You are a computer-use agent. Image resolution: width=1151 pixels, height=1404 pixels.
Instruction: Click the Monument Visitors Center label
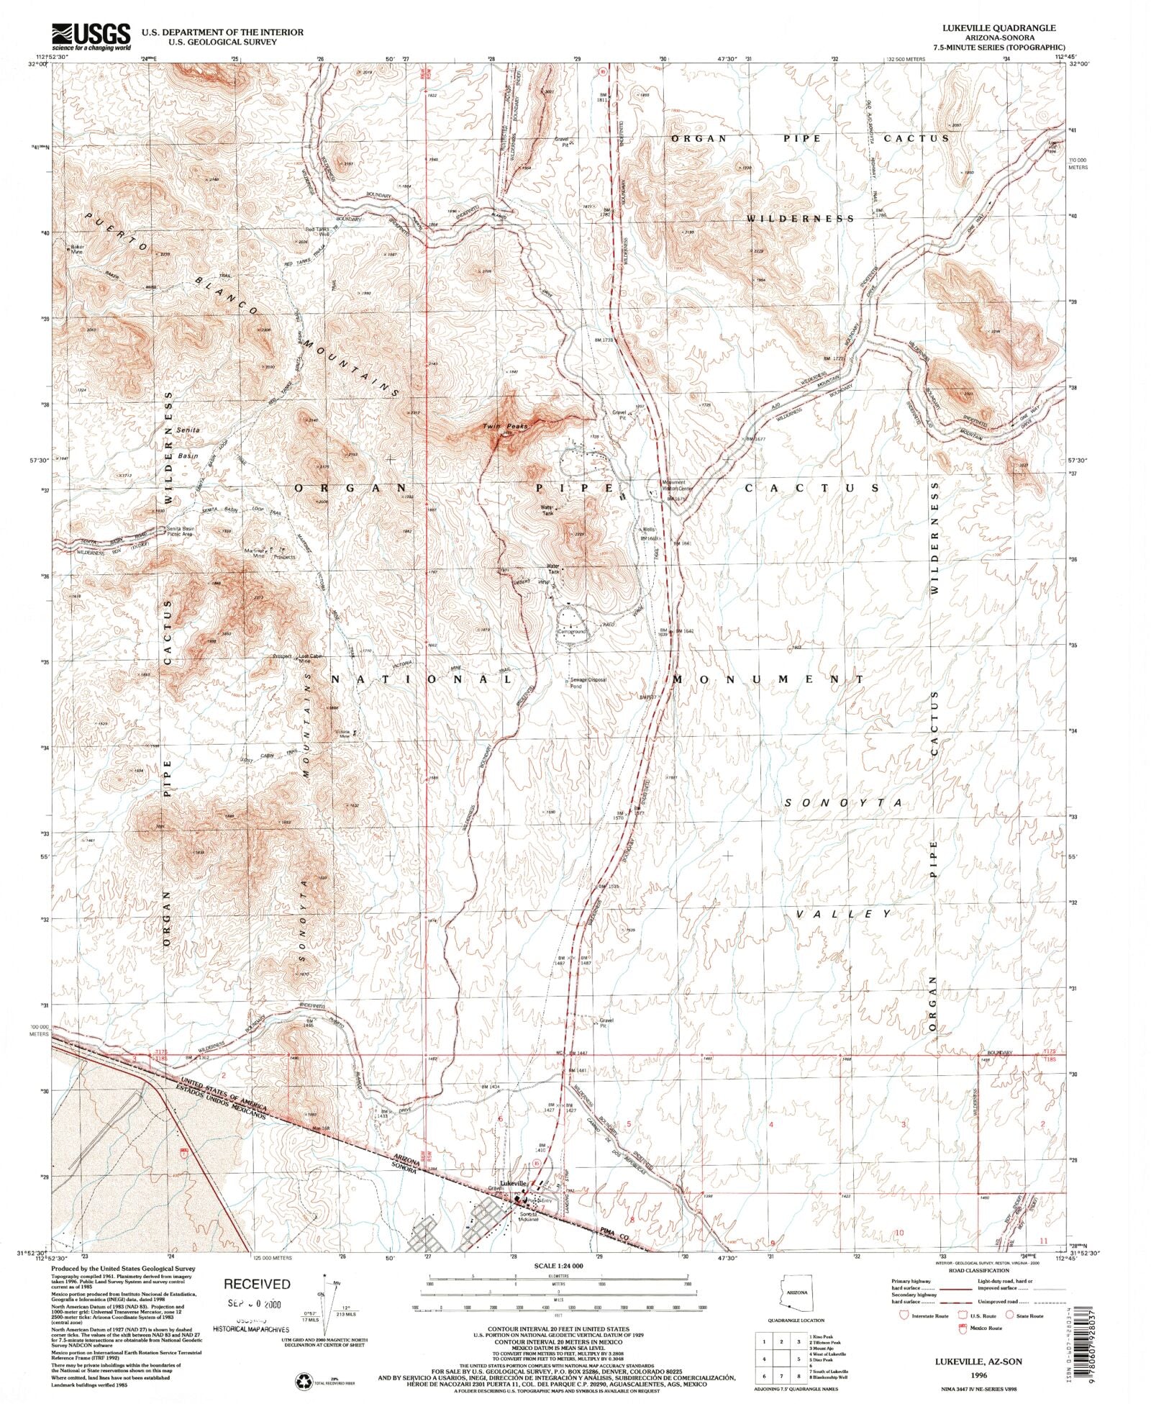pyautogui.click(x=675, y=486)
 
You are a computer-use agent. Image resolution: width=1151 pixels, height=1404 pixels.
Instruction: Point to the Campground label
pyautogui.click(x=573, y=632)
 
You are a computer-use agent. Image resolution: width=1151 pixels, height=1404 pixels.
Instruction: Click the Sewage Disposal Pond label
pyautogui.click(x=588, y=682)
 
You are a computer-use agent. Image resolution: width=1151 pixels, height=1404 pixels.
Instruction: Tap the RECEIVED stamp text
pyautogui.click(x=257, y=1284)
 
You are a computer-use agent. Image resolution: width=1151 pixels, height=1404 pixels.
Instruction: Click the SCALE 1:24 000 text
pyautogui.click(x=559, y=1265)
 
